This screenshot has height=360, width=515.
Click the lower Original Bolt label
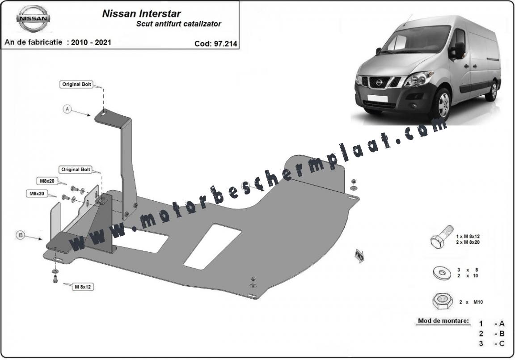pos(75,170)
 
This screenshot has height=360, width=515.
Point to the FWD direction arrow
pos(359,255)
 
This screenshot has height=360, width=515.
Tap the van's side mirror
pos(458,50)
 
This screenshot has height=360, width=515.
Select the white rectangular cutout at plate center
pos(212,246)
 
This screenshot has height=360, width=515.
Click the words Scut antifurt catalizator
pos(178,24)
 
